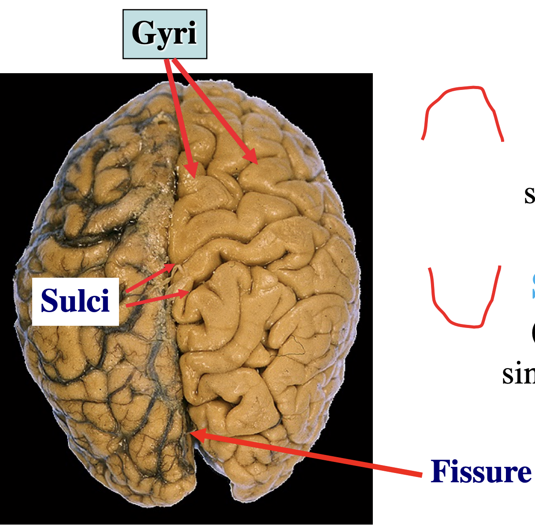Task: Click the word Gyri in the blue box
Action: coord(164,34)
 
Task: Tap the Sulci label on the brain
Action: coord(75,301)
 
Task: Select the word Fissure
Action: coord(481,472)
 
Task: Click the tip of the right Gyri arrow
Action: coord(256,163)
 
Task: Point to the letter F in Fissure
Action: coord(441,471)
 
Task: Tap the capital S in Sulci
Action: coord(49,301)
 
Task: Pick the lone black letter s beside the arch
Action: coord(529,194)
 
